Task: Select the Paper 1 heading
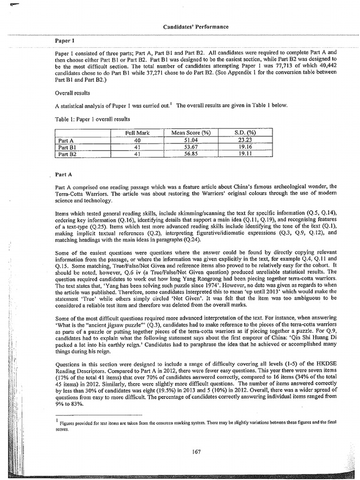coord(63,40)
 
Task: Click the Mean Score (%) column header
coord(191,133)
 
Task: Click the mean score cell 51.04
coord(191,140)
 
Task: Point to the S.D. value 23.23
coord(245,140)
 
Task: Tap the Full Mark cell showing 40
coord(137,140)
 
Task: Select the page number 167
coord(196,451)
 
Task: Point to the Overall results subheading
coord(71,93)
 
